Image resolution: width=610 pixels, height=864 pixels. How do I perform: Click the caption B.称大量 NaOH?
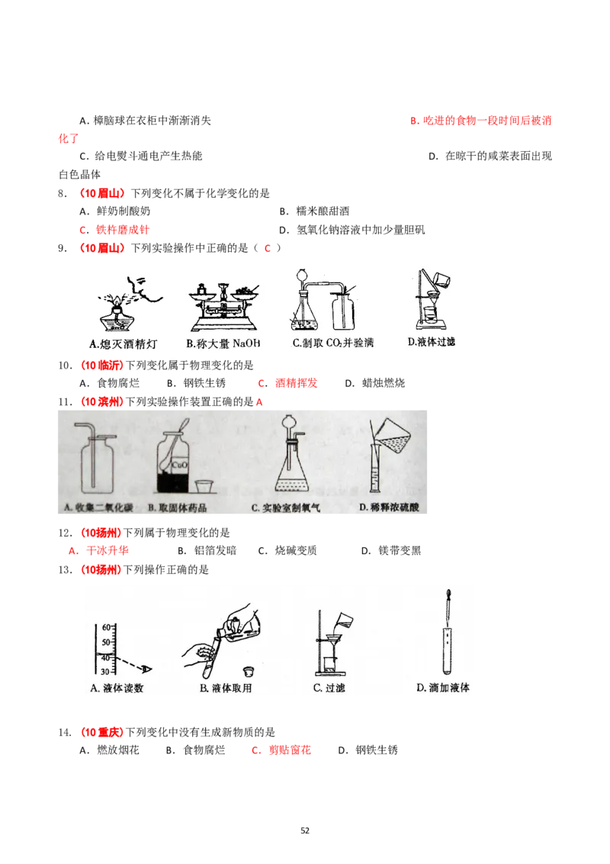[223, 343]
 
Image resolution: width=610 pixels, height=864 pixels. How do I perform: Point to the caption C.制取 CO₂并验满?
[333, 343]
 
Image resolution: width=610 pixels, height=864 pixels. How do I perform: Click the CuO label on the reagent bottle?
[179, 463]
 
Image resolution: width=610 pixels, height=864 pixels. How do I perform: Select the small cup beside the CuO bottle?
[204, 487]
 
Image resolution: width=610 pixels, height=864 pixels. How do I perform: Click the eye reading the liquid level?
[146, 669]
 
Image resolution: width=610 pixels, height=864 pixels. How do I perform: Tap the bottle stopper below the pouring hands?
[246, 672]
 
